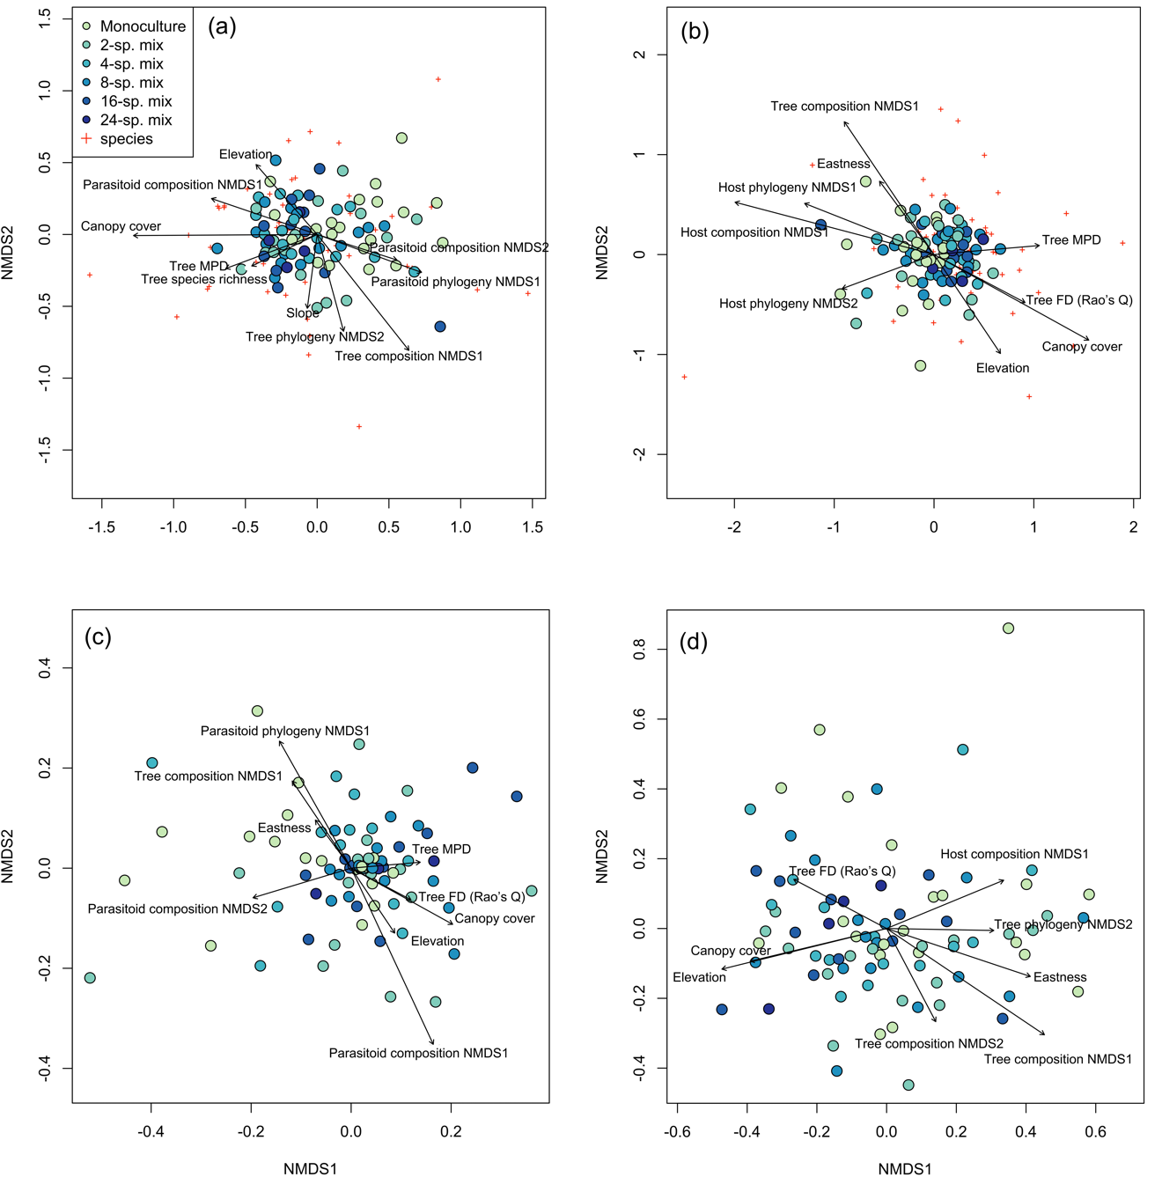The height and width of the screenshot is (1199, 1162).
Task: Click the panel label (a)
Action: tap(222, 26)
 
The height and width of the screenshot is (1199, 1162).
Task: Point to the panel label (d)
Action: tap(694, 642)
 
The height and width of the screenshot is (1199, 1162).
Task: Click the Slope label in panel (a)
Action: tap(302, 313)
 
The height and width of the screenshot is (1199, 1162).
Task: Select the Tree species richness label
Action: tap(204, 280)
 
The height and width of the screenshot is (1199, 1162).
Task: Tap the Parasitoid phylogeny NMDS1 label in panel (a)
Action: tap(455, 282)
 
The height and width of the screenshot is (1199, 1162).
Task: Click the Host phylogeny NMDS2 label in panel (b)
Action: tap(788, 304)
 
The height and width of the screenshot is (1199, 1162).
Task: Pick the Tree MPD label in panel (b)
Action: tap(1071, 240)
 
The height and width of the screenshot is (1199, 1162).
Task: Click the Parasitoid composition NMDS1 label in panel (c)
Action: tap(418, 1053)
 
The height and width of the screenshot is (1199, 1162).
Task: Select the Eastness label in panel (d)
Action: tap(1060, 977)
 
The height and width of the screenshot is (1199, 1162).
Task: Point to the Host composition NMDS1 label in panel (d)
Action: tap(1014, 854)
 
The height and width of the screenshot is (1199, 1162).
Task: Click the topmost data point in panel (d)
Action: tap(1008, 629)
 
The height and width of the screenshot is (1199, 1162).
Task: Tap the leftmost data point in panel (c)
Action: tap(90, 978)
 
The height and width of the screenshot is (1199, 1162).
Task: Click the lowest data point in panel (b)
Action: tap(920, 366)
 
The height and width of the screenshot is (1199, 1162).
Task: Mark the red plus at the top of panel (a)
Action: tap(438, 80)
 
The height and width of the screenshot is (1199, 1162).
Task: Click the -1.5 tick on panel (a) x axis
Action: tap(102, 527)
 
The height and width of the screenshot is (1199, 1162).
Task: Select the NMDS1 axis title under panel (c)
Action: tap(310, 1169)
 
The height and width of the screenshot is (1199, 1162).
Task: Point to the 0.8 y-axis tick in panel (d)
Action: tap(640, 649)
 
